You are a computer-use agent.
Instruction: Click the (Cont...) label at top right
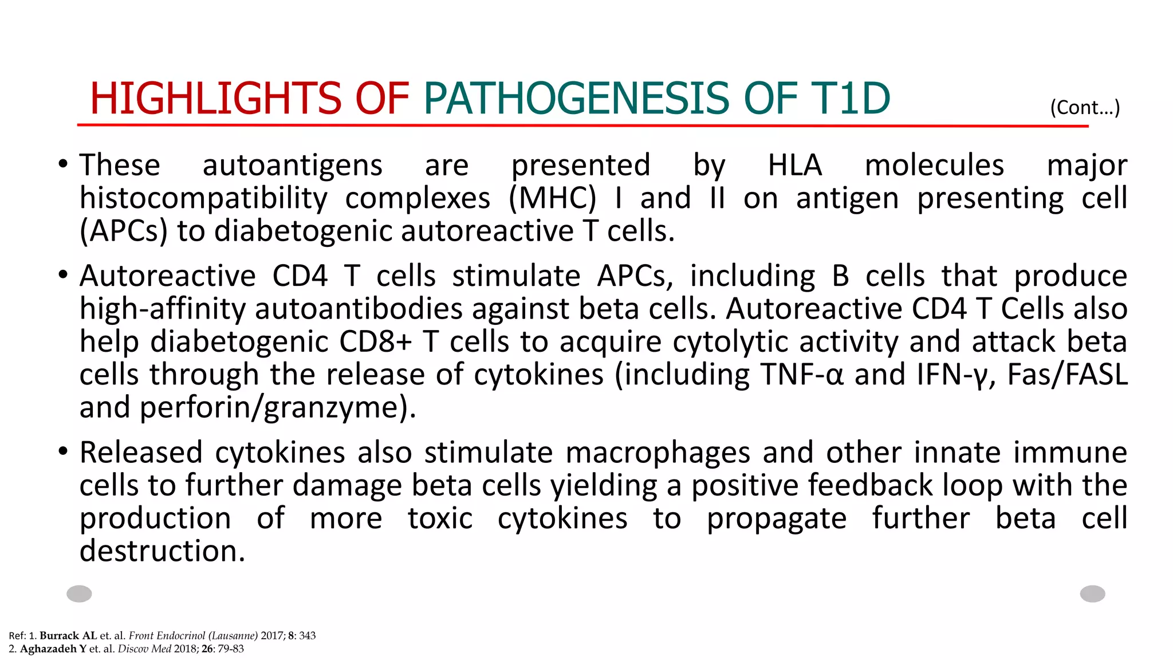coord(1085,107)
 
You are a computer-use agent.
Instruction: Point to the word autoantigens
coord(292,166)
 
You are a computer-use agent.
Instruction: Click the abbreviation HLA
coord(794,166)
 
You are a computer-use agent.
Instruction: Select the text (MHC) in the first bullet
coord(552,199)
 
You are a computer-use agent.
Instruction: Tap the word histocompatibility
coord(203,199)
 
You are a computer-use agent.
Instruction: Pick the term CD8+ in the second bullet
coord(375,342)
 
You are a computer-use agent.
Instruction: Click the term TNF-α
coord(802,375)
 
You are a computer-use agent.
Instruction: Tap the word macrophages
coord(658,453)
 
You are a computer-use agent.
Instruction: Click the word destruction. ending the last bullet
coord(162,551)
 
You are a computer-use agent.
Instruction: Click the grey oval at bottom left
coord(79,594)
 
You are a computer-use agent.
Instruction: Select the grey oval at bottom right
coord(1092,594)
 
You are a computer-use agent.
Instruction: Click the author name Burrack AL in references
coord(68,635)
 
